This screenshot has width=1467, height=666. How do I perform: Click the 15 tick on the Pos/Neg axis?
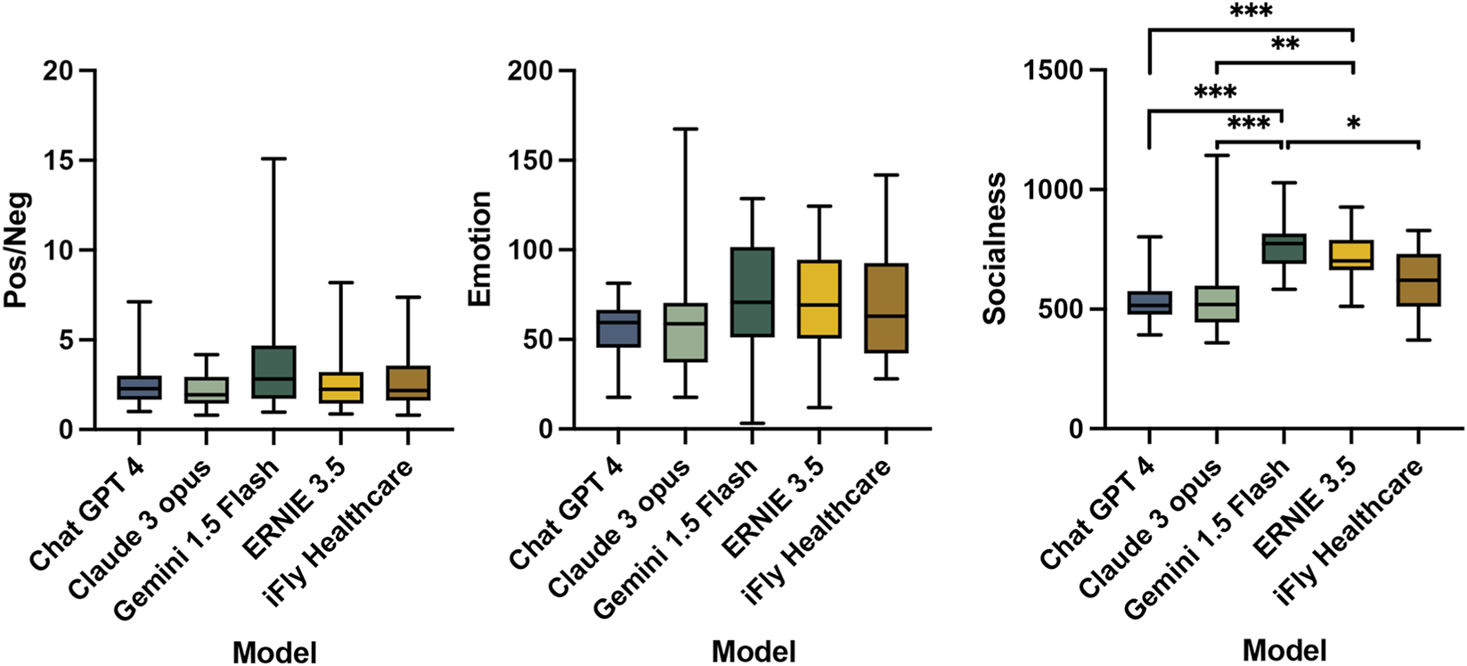click(61, 160)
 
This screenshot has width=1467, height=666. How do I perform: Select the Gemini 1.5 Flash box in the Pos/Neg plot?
click(273, 372)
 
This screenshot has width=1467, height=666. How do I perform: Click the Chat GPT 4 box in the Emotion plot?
click(617, 328)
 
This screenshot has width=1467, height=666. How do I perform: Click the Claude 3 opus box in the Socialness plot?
click(1217, 304)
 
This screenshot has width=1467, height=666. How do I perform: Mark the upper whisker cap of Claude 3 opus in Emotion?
click(684, 129)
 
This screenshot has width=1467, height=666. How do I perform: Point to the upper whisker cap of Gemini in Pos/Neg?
click(273, 159)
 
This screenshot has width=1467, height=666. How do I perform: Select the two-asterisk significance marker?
click(1285, 45)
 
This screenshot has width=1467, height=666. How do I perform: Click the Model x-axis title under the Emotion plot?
click(754, 651)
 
